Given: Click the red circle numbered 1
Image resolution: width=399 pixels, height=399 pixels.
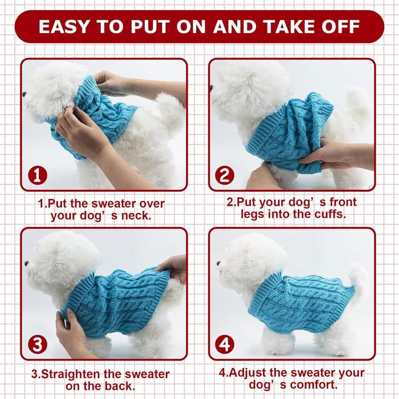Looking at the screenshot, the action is (38, 176).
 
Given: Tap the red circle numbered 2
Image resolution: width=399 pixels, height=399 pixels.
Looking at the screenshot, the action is (225, 176).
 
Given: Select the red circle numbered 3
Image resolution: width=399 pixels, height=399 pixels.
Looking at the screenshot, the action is (38, 344).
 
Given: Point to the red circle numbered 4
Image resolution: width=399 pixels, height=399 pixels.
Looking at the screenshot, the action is (225, 344).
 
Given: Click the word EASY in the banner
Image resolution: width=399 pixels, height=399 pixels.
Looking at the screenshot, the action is (64, 26).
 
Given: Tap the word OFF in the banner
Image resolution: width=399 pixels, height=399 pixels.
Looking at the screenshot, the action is (341, 26).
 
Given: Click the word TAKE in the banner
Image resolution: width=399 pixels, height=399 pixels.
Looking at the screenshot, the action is (288, 26).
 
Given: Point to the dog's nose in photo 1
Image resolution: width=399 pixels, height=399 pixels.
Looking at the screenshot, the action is (24, 95).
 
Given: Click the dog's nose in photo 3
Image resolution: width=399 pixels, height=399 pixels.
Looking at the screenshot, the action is (26, 263).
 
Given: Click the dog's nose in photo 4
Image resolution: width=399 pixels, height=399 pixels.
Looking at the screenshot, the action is (218, 263).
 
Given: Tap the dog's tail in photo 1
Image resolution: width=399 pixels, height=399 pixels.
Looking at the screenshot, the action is (170, 112).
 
